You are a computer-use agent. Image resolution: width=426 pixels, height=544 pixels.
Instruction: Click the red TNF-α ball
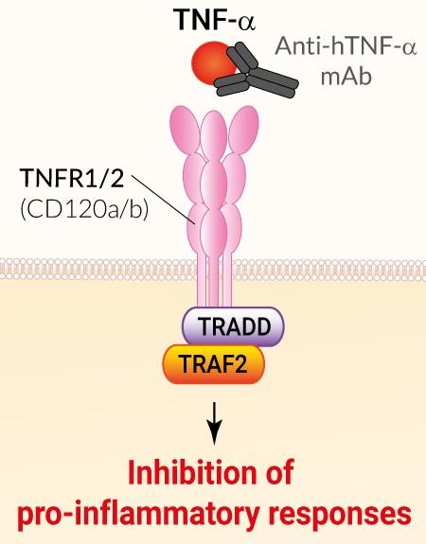pyautogui.click(x=212, y=63)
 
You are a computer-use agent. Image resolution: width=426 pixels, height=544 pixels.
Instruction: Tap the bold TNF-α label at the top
pyautogui.click(x=215, y=20)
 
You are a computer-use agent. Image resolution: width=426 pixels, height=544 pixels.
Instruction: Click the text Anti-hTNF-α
pyautogui.click(x=346, y=46)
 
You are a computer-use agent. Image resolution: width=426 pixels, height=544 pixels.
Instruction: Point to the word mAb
pyautogui.click(x=346, y=77)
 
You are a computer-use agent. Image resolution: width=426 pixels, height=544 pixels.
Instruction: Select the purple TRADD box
pyautogui.click(x=233, y=326)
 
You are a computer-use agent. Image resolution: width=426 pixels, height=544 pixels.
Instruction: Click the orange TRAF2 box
pyautogui.click(x=214, y=364)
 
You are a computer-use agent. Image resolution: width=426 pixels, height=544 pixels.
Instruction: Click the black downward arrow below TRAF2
pyautogui.click(x=214, y=423)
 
